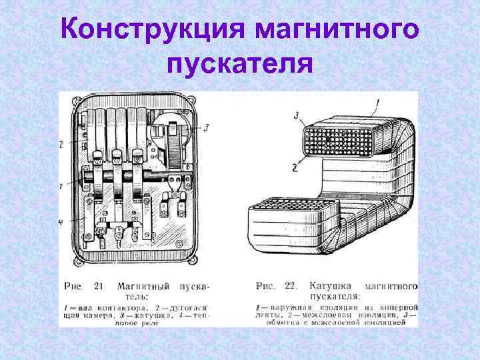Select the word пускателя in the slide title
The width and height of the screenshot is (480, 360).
(x=240, y=65)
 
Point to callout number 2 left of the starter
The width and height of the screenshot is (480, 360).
(x=61, y=143)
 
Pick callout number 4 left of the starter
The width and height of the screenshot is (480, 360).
(x=61, y=221)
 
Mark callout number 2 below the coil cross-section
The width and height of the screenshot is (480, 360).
(x=295, y=169)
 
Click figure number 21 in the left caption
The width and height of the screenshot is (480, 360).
(x=98, y=286)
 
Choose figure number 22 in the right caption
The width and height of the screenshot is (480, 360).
(x=289, y=286)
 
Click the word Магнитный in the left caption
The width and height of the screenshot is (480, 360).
(x=142, y=286)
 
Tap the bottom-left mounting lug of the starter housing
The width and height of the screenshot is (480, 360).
(x=79, y=261)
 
